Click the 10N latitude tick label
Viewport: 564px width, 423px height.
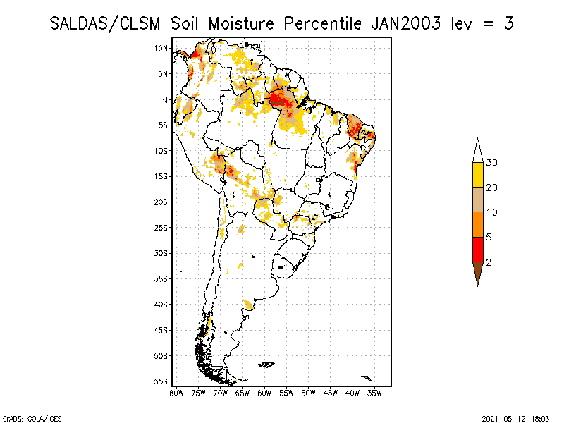(161, 48)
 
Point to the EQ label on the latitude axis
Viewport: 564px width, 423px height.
(162, 99)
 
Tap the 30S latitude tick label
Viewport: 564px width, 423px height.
(161, 253)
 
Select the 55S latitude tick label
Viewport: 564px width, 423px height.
(161, 381)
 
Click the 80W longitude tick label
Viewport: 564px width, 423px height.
(176, 393)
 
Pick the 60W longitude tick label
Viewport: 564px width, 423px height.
(264, 393)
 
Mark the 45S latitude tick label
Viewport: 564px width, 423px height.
(161, 330)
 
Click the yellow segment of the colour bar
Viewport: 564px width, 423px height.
(478, 175)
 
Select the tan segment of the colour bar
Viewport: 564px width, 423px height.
(478, 200)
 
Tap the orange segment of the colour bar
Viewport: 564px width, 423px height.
(478, 224)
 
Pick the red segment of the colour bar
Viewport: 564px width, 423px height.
(478, 249)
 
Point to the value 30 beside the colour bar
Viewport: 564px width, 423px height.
(492, 163)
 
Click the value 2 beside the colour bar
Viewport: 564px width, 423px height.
(489, 262)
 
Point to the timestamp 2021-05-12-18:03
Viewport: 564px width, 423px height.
(515, 417)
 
